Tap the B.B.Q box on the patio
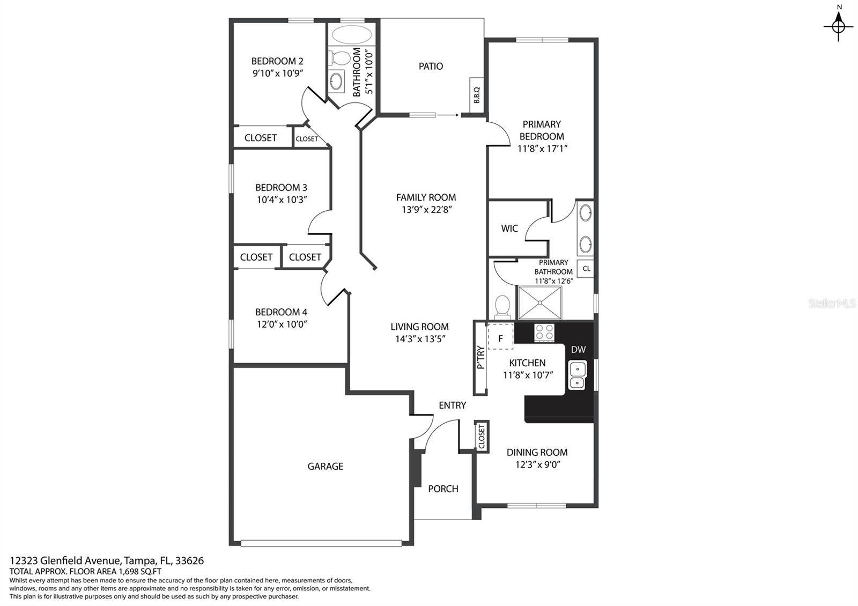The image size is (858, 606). (477, 95)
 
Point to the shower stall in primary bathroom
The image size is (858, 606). (540, 302)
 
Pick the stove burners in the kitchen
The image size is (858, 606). (544, 332)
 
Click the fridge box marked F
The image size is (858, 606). (500, 336)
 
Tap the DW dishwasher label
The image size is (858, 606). (578, 349)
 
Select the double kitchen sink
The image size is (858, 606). (577, 375)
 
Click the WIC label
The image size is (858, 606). (509, 228)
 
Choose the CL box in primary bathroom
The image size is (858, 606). (586, 269)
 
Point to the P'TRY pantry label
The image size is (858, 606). (480, 357)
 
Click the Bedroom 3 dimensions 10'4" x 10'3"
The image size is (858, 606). (282, 199)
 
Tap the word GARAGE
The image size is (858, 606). (325, 466)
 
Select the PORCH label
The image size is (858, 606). (443, 489)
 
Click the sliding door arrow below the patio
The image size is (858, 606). (447, 115)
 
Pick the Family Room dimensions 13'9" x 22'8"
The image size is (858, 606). (427, 210)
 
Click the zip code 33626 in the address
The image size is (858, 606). (189, 561)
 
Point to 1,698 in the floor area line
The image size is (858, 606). (129, 572)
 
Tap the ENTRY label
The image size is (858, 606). (453, 405)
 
